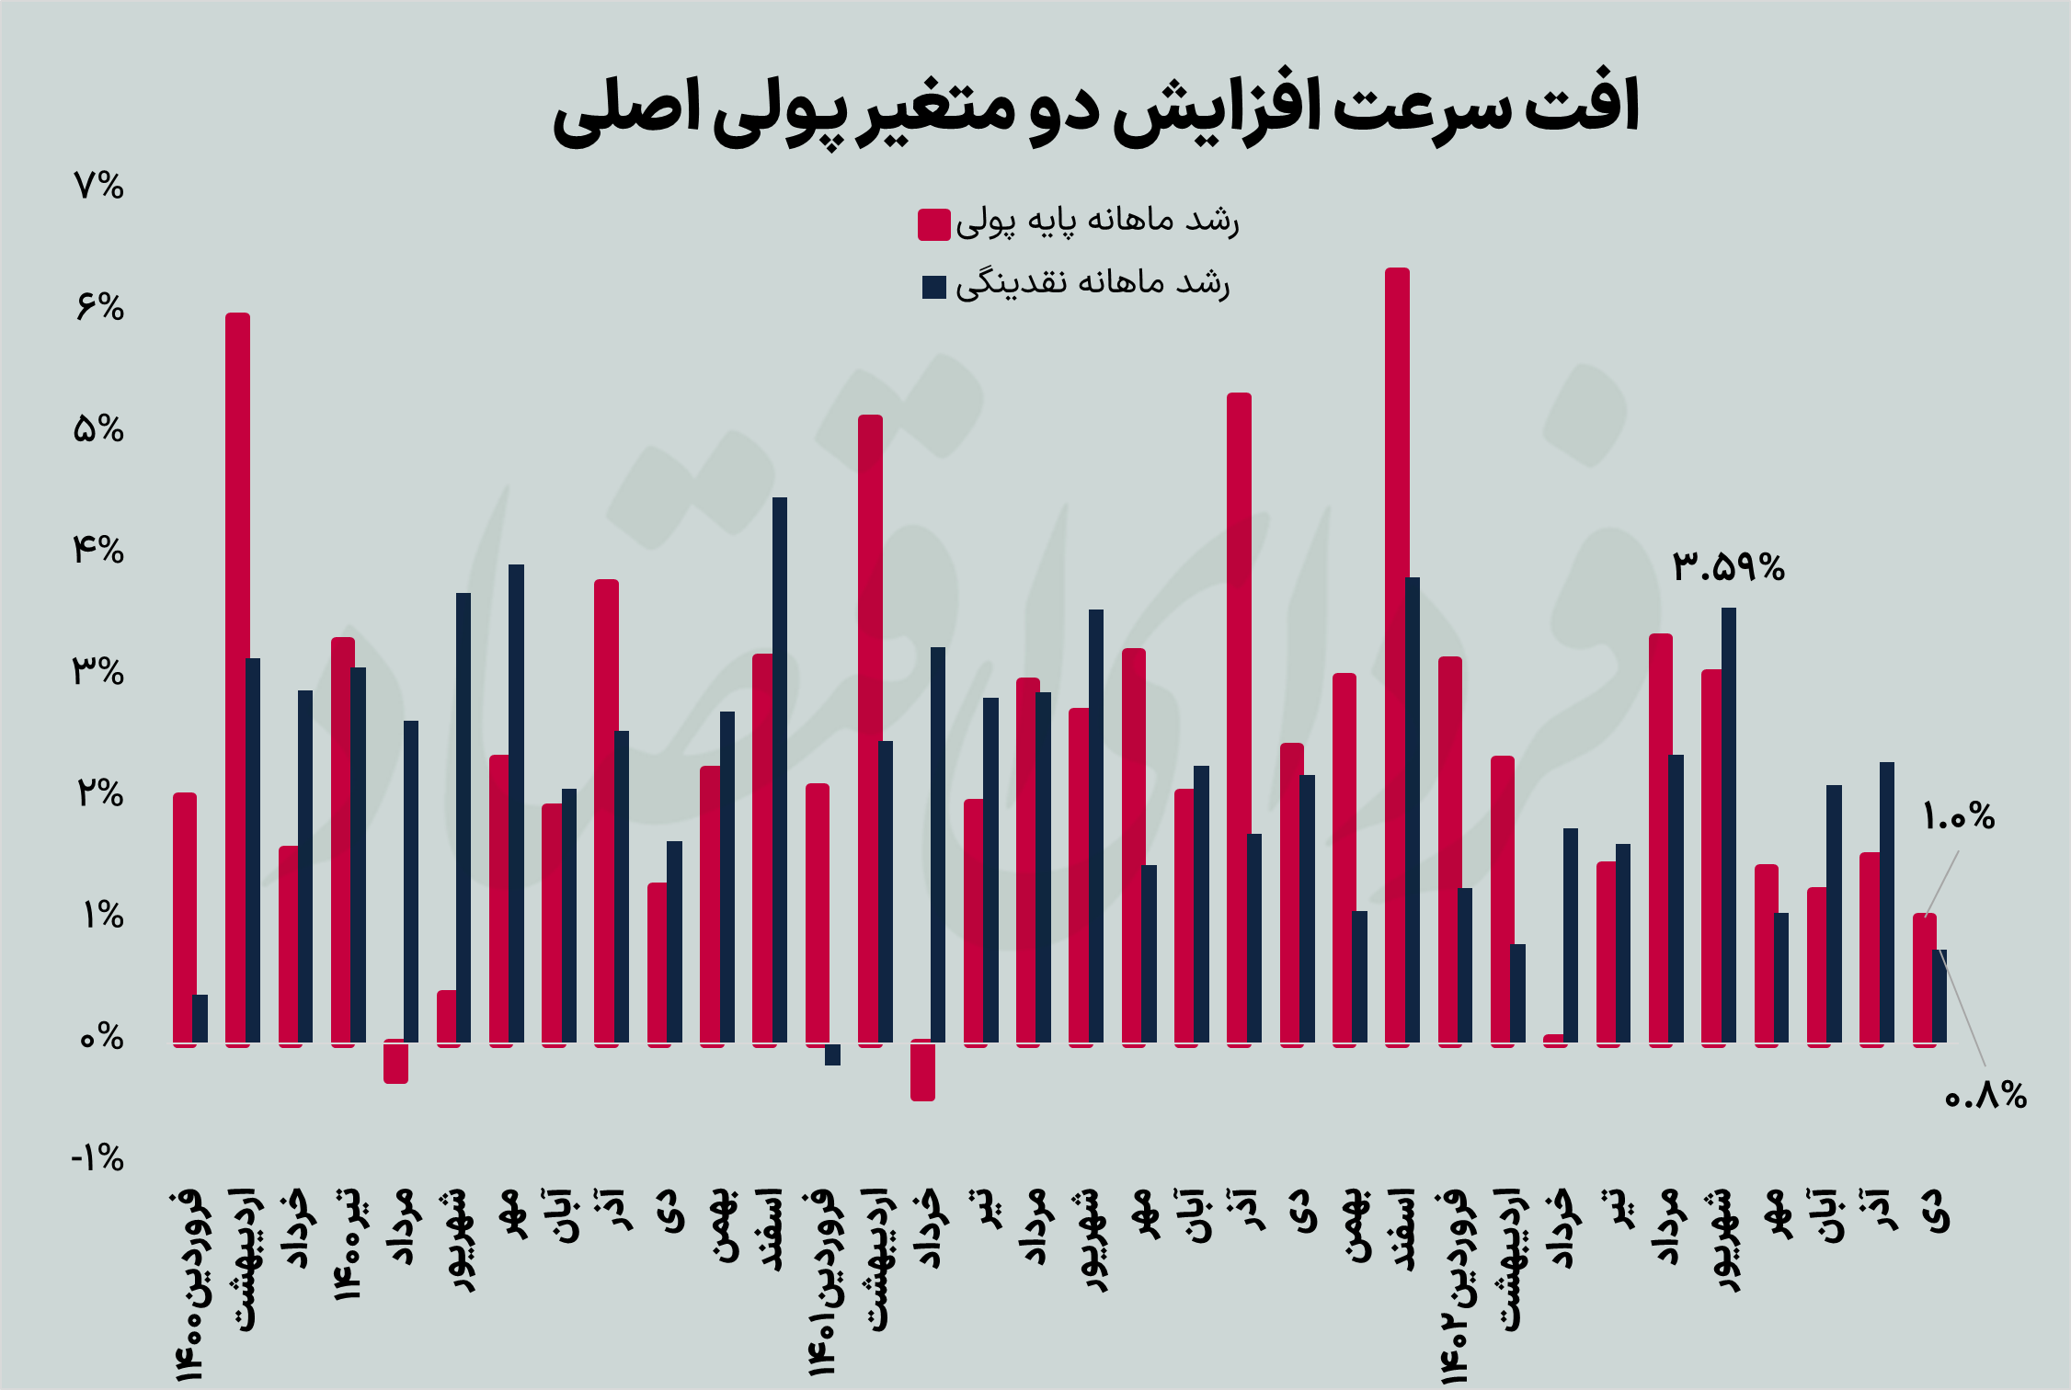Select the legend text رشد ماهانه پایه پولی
pyautogui.click(x=1097, y=222)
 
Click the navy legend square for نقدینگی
pyautogui.click(x=933, y=287)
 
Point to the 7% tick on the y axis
pyautogui.click(x=98, y=187)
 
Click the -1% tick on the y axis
pyautogui.click(x=97, y=1158)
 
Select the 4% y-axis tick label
pyautogui.click(x=98, y=551)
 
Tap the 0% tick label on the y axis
pyautogui.click(x=100, y=1038)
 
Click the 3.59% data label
pyautogui.click(x=1728, y=566)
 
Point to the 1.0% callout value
pyautogui.click(x=1958, y=816)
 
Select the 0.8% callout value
pyautogui.click(x=1985, y=1096)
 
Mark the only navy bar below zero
pyautogui.click(x=832, y=1054)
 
